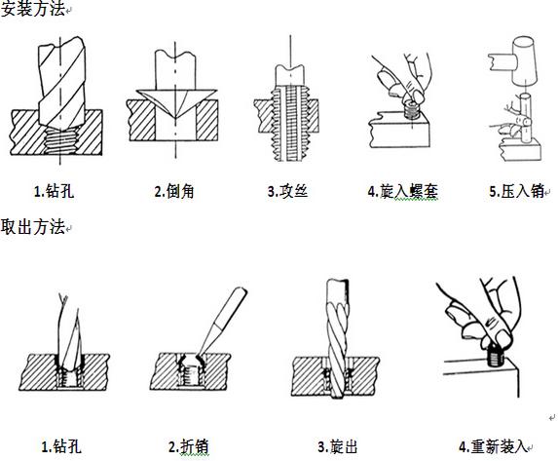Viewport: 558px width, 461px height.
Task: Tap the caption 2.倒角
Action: coord(174,192)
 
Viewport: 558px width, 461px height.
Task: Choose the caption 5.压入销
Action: coord(516,192)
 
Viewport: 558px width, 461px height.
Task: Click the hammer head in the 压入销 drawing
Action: coord(527,56)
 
